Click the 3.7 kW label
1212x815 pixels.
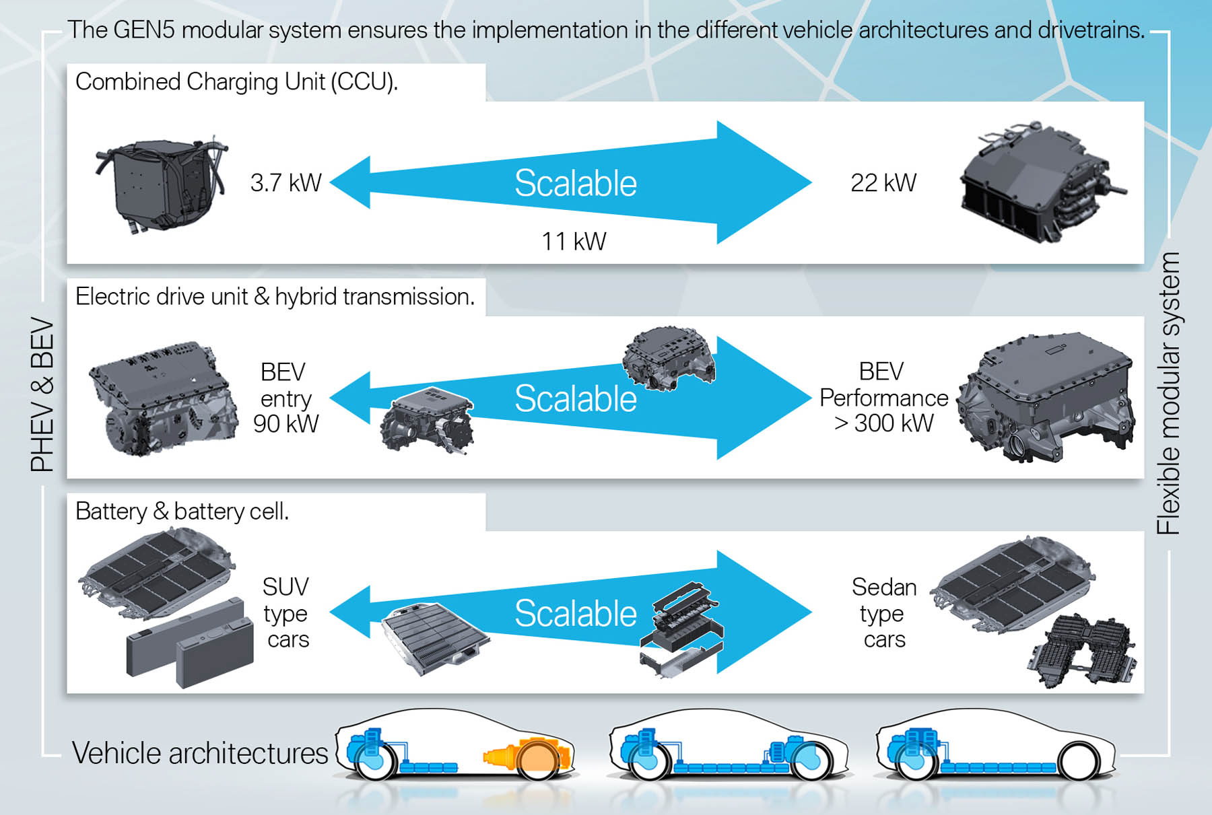285,182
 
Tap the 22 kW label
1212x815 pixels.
883,182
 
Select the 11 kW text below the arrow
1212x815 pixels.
574,241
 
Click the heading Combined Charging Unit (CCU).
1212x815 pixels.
236,81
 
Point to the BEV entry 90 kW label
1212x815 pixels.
285,398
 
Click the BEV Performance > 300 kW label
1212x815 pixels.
883,398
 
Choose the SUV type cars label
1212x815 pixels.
286,612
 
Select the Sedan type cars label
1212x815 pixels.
884,612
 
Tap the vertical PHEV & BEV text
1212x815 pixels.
42,394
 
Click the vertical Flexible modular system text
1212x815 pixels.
1168,393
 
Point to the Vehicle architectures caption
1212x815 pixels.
200,753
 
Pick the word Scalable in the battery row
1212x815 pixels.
576,613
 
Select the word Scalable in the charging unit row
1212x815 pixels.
576,183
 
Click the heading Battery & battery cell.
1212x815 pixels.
182,511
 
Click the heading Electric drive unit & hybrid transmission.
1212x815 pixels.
275,297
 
